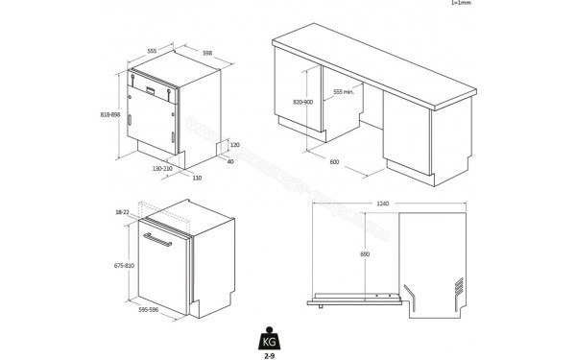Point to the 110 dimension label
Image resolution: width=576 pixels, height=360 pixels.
[x=197, y=178]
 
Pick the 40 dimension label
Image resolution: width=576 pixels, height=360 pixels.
[x=230, y=160]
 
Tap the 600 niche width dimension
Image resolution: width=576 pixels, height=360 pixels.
[x=334, y=162]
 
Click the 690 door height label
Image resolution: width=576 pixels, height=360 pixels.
[x=364, y=254]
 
